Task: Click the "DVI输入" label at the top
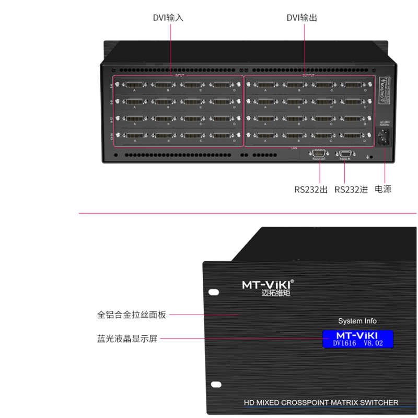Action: [x=168, y=18]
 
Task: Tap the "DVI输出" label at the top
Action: [x=301, y=18]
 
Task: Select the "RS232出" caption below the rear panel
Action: [x=310, y=190]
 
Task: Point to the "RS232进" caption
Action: [x=351, y=190]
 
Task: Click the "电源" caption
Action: [x=383, y=190]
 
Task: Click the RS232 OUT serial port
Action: [x=318, y=154]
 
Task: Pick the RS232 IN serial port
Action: [x=345, y=154]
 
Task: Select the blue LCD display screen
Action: [x=357, y=339]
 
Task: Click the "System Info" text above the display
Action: [x=357, y=321]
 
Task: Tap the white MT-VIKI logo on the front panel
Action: [x=268, y=285]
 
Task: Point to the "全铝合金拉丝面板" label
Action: [x=131, y=315]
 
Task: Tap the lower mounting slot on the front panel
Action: [x=213, y=385]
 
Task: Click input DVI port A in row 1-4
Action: [x=134, y=85]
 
